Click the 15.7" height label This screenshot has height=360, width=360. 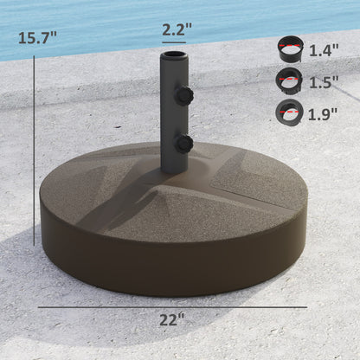pos(36,37)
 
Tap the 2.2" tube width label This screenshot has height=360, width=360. pos(177,29)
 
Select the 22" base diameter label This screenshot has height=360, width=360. pos(172,319)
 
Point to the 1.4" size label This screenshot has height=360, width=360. pos(324,50)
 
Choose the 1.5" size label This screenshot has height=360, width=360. pos(324,81)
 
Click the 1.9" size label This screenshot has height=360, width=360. pos(324,112)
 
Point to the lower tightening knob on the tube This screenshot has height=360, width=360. pos(184,140)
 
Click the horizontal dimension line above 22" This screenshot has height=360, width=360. pos(172,306)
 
